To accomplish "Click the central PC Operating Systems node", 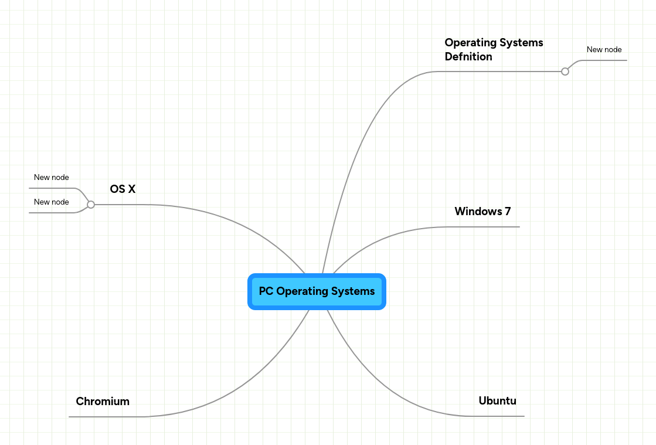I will (x=317, y=291).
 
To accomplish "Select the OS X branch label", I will (x=123, y=189).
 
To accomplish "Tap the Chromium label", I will (x=103, y=402).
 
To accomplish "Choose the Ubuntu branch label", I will (x=497, y=401).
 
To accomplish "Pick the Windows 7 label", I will (x=482, y=211).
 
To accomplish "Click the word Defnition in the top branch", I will (x=468, y=57).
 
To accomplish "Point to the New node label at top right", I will (x=604, y=50).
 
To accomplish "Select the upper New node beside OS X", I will (x=52, y=178).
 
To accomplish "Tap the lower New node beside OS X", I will (x=52, y=202).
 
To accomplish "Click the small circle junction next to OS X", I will (x=91, y=205).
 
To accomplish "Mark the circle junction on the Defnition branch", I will (x=565, y=72).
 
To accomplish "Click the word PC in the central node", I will (x=266, y=291).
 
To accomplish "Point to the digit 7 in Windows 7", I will (x=508, y=211).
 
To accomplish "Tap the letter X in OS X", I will (x=131, y=189).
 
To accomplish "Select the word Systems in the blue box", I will (x=353, y=291).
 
